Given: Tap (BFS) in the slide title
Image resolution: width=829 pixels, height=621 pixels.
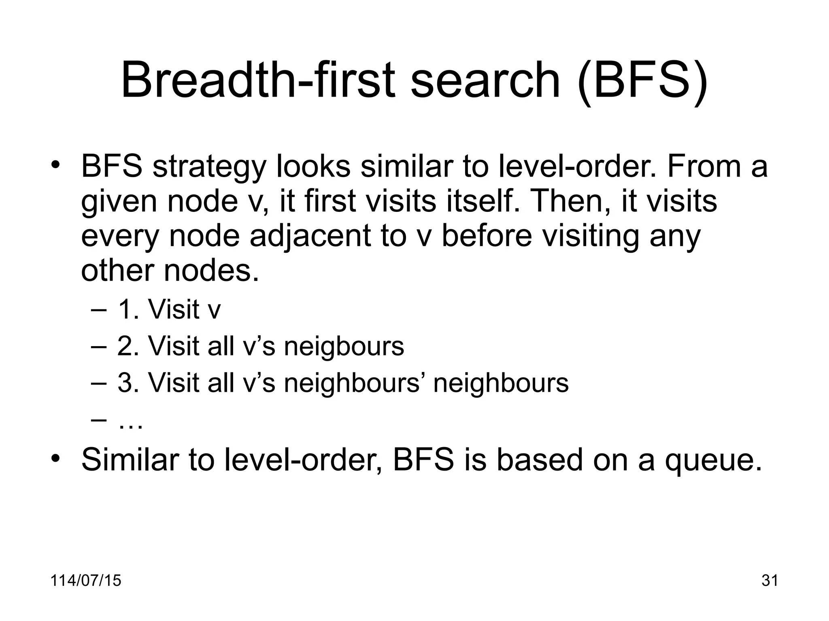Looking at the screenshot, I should [x=642, y=80].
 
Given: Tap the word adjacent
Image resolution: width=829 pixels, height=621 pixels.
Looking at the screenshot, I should [x=310, y=236].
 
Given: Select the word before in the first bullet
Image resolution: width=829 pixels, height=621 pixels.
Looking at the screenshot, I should [x=486, y=236].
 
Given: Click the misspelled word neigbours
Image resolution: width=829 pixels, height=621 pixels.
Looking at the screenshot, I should [x=344, y=346].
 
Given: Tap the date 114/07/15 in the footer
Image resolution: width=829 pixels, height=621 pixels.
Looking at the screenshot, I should [x=86, y=581].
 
